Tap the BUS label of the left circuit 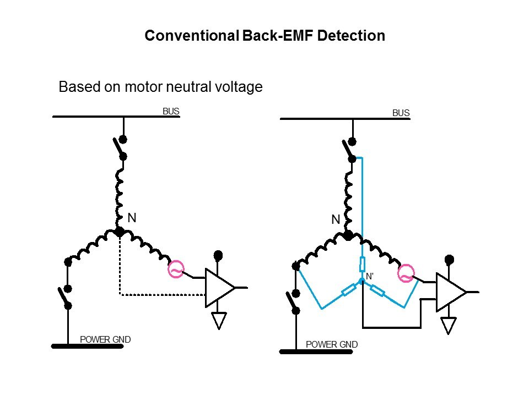point(171,111)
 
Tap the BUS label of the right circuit point(401,113)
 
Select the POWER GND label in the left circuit point(105,339)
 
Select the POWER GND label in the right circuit point(332,345)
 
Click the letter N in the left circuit point(132,218)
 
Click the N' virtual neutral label point(370,276)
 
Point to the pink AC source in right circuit point(406,273)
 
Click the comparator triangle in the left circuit point(218,287)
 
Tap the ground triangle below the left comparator point(219,320)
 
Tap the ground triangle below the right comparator point(449,325)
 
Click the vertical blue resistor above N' point(362,264)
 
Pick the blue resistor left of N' point(348,289)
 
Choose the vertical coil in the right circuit point(347,198)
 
